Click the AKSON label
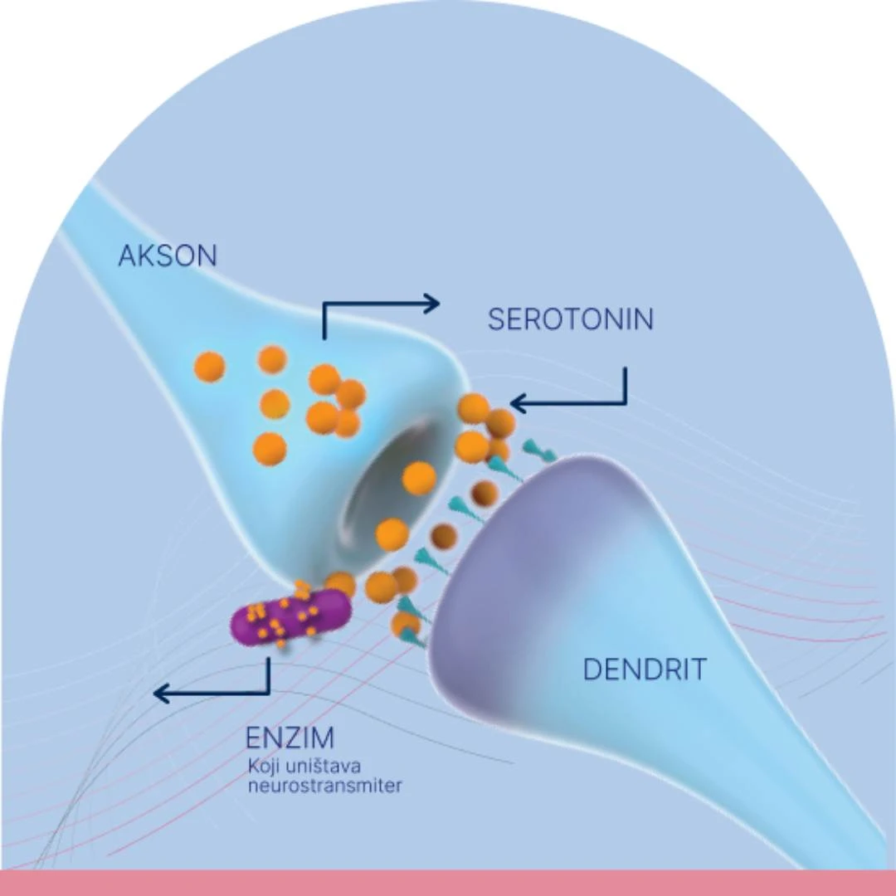pyautogui.click(x=167, y=256)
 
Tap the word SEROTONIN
pyautogui.click(x=570, y=319)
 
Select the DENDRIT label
pyautogui.click(x=645, y=670)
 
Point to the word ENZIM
pyautogui.click(x=290, y=738)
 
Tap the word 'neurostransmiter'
pyautogui.click(x=324, y=785)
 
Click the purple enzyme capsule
pyautogui.click(x=290, y=619)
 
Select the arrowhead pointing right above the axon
pyautogui.click(x=430, y=304)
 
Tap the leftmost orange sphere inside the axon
pyautogui.click(x=209, y=367)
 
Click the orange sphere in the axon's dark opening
pyautogui.click(x=419, y=479)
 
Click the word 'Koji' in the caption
pyautogui.click(x=263, y=765)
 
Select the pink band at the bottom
pyautogui.click(x=448, y=883)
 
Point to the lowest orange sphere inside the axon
pyautogui.click(x=270, y=449)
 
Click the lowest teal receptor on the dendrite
pyautogui.click(x=411, y=637)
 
